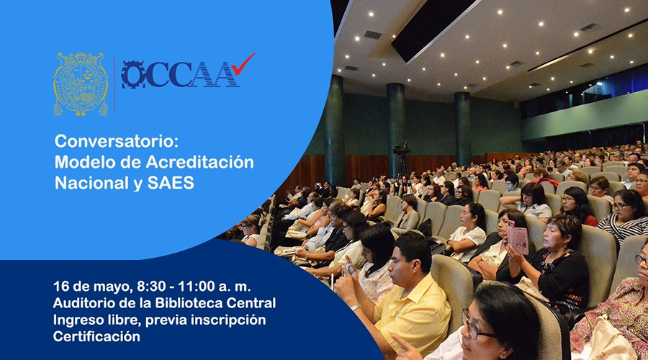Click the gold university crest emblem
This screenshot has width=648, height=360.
point(81,84)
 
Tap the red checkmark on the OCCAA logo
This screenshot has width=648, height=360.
point(243,64)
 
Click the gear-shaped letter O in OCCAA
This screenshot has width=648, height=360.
point(133,75)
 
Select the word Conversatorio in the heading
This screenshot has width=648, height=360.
point(117,142)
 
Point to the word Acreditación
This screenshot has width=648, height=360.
point(200,162)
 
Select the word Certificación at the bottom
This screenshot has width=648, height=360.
point(96,336)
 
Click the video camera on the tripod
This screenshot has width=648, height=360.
point(402,150)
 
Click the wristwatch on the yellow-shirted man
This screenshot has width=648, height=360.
point(355,307)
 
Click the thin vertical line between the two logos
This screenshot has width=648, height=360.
point(114,84)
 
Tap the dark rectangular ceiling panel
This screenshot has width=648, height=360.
point(430,27)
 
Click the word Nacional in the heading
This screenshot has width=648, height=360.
point(91,183)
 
